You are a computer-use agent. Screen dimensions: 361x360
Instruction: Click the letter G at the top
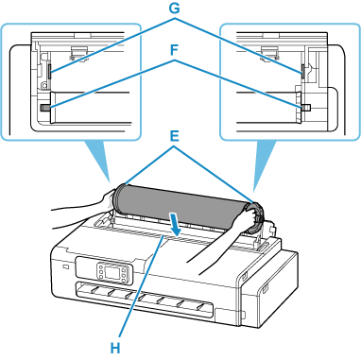click(174, 9)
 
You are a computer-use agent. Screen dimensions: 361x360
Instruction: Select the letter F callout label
click(174, 50)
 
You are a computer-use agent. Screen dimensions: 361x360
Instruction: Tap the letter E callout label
click(174, 137)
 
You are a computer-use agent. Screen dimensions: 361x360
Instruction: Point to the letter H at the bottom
click(115, 349)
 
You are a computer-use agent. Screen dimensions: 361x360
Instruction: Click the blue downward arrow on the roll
click(174, 224)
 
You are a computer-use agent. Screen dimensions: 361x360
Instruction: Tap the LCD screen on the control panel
click(112, 271)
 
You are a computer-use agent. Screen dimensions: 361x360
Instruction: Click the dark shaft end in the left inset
click(45, 108)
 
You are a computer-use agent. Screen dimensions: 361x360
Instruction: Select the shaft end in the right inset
click(306, 107)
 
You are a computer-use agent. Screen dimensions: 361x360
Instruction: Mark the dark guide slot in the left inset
click(49, 72)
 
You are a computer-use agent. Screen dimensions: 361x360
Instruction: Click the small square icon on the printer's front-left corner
click(65, 267)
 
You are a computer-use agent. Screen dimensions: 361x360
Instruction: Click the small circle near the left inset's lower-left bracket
click(43, 84)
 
